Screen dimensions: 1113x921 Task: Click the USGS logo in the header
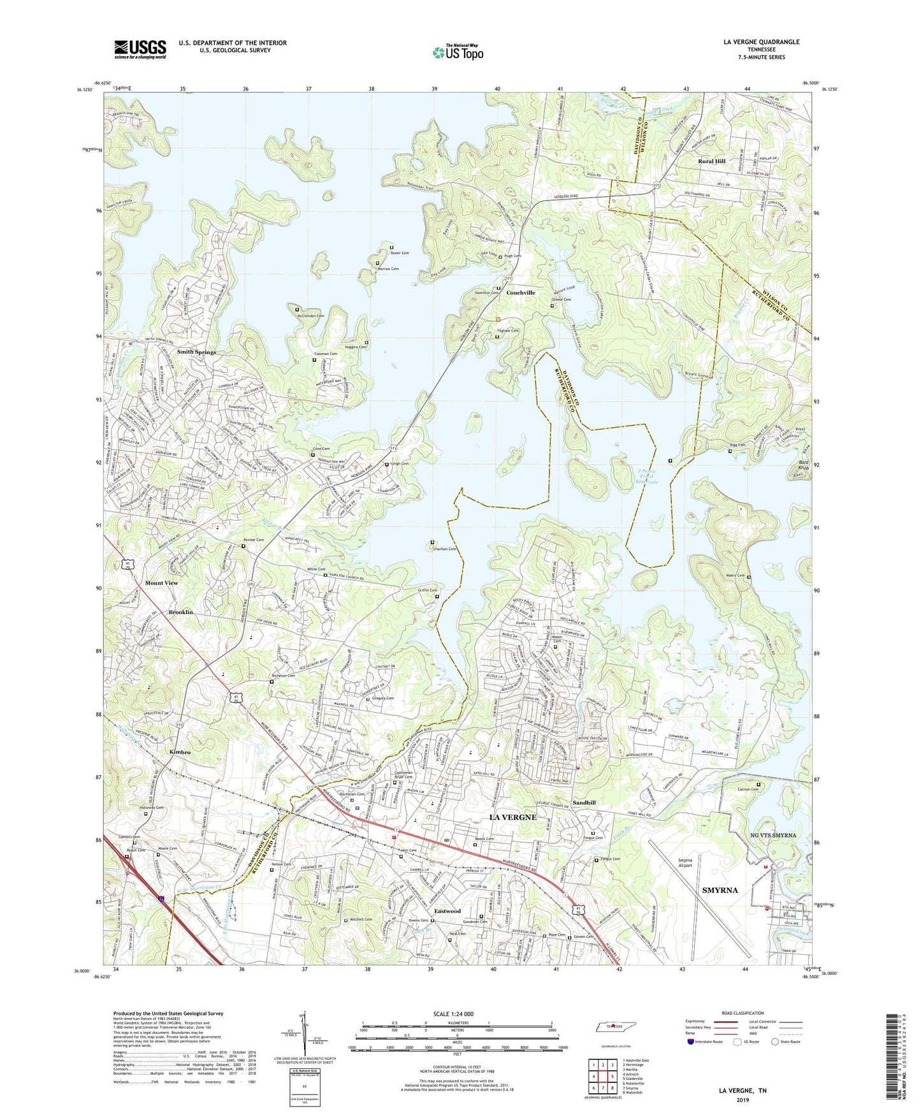click(x=140, y=49)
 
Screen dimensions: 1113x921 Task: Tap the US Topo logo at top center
click(x=457, y=52)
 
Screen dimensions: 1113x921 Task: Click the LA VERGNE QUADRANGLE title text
click(x=761, y=42)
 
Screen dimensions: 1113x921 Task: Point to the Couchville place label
click(x=521, y=293)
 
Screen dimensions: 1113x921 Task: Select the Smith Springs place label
click(x=196, y=352)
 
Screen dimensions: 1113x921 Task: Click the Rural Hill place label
click(x=711, y=161)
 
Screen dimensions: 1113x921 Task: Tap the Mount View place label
click(x=161, y=583)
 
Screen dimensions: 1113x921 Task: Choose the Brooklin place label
click(x=180, y=612)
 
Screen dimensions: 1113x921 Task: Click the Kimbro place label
click(x=180, y=752)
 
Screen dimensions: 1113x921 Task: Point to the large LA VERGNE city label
click(x=512, y=817)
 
